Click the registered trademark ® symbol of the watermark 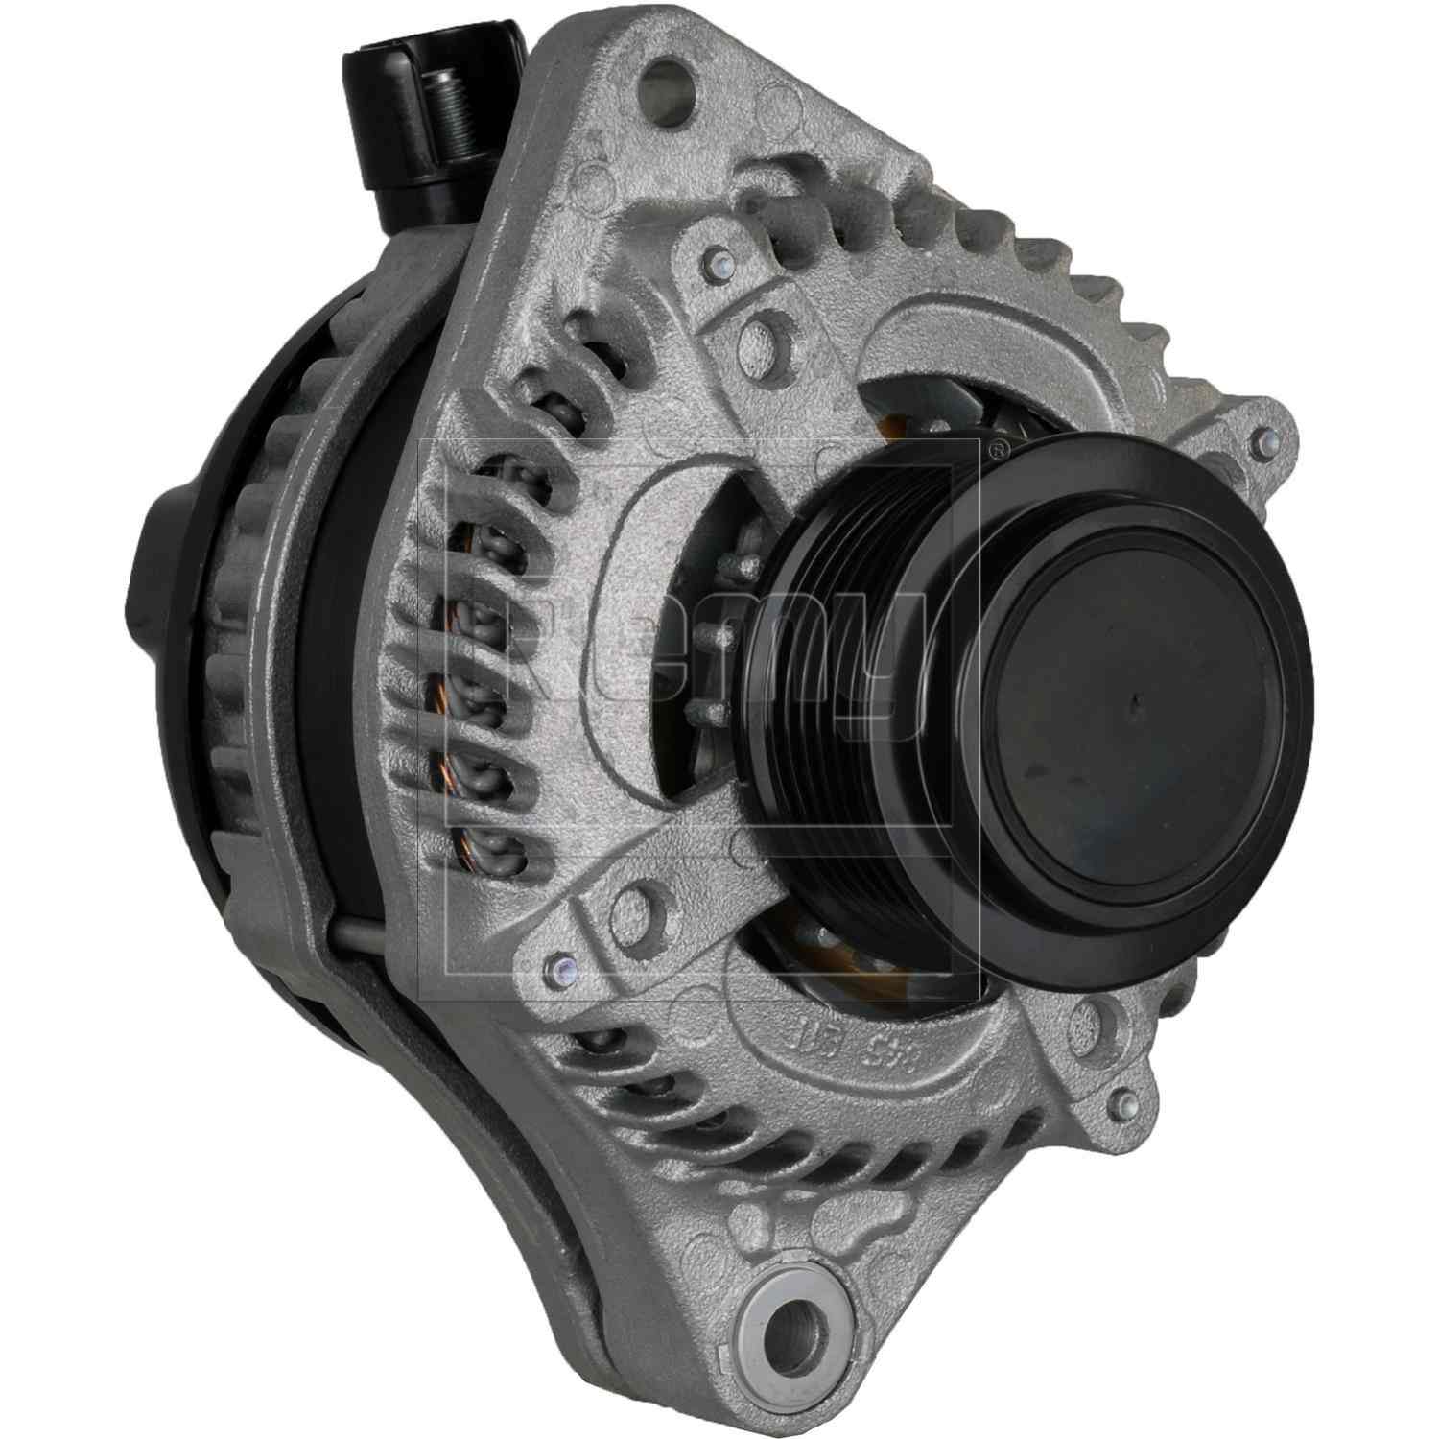click(x=999, y=446)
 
